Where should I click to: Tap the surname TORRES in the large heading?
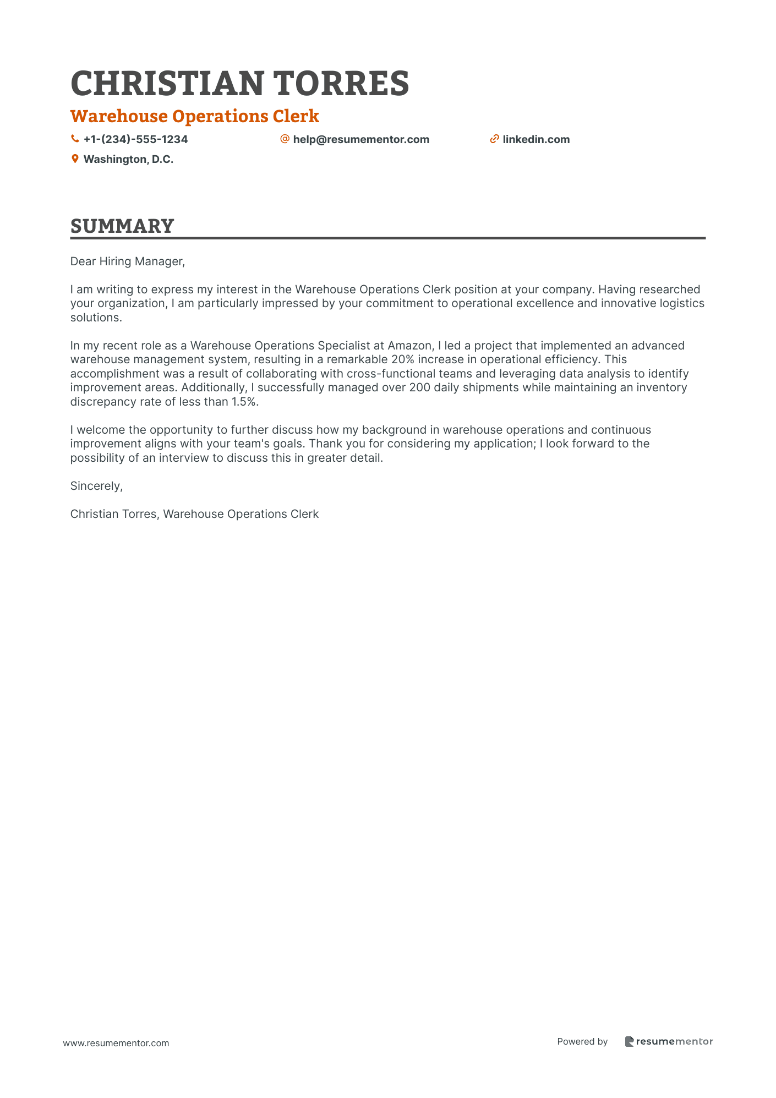point(341,84)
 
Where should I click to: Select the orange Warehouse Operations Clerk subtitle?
point(194,116)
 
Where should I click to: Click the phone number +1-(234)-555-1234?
point(135,139)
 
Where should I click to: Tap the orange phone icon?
point(75,139)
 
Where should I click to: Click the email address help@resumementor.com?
point(361,139)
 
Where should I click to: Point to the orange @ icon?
point(285,139)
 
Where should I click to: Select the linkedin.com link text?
point(536,139)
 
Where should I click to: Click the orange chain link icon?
point(494,139)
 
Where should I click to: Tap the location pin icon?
point(75,159)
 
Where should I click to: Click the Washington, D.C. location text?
point(128,159)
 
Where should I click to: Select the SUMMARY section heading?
point(122,226)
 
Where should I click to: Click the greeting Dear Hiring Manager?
point(128,261)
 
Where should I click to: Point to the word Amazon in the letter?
point(410,346)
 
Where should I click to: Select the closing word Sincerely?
point(96,486)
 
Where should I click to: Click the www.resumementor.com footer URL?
point(116,1043)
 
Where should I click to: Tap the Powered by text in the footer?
point(582,1041)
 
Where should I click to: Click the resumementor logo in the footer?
point(669,1041)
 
